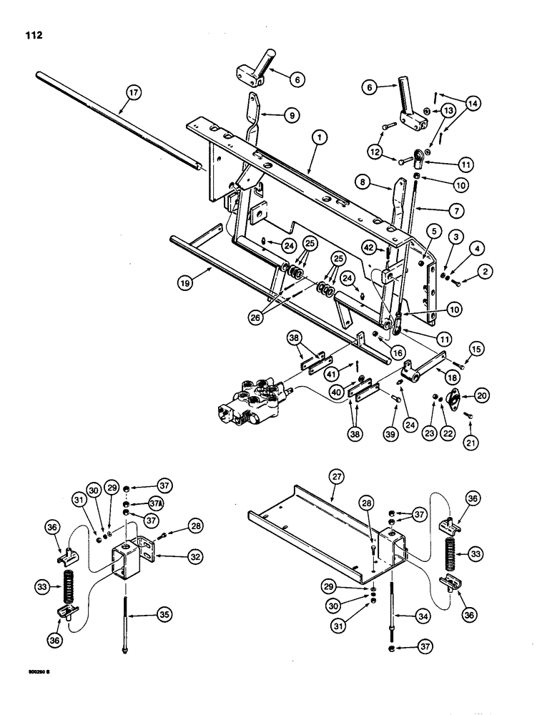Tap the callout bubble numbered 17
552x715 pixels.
(x=132, y=92)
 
